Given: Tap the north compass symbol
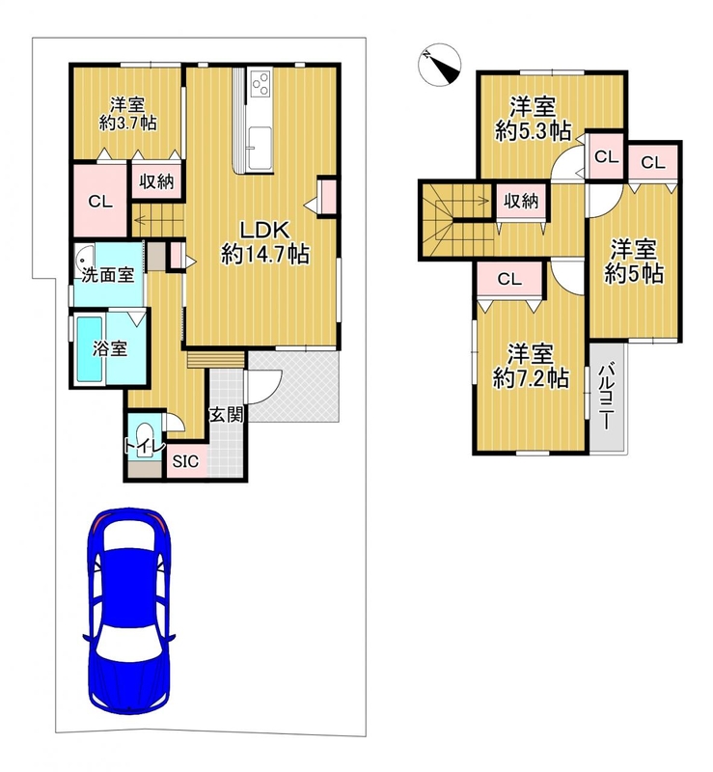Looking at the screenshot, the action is click(439, 65).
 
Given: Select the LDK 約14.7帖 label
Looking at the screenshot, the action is click(265, 242).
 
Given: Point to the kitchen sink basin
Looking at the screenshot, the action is click(260, 148).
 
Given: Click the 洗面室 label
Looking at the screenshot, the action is click(108, 274).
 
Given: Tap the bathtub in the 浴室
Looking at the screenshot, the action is click(90, 348).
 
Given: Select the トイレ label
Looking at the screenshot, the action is click(144, 447).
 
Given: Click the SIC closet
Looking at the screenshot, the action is click(186, 461).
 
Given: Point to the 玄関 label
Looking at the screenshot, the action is click(227, 415).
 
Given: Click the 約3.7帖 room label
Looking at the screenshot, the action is click(128, 123).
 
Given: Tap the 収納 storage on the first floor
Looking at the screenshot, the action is click(156, 181).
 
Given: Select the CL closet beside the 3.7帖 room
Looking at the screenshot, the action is click(100, 201).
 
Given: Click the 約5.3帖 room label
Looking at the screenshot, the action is click(534, 131).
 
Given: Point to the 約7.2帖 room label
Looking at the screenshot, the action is click(531, 378).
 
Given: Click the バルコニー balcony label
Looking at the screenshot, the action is click(607, 396).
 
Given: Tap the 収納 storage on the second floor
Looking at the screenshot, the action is click(521, 201).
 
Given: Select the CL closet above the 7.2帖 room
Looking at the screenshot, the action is click(509, 280).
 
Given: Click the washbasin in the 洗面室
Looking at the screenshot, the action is click(84, 257).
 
